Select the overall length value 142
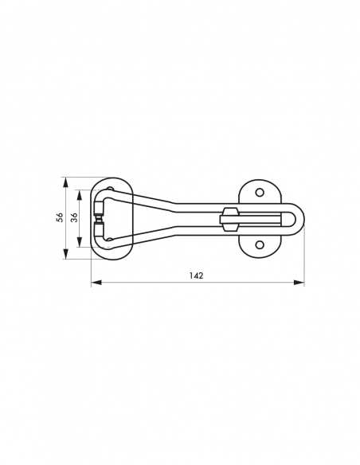(x=197, y=275)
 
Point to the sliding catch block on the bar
(x=229, y=219)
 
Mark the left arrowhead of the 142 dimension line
(x=95, y=282)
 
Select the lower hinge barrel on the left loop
(x=98, y=231)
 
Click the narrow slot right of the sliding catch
(x=263, y=219)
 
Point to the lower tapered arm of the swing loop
(x=151, y=236)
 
